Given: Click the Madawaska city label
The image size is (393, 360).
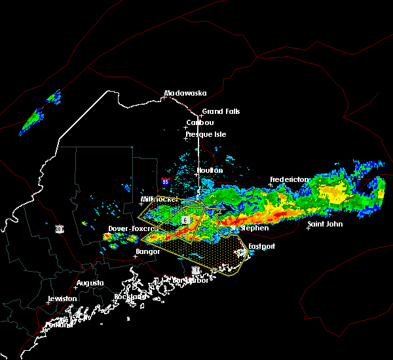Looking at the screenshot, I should click(x=185, y=93).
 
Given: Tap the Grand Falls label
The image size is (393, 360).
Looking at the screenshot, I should click(x=221, y=111).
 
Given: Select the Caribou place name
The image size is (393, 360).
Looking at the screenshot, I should click(x=200, y=122).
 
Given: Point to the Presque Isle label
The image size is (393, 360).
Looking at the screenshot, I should click(x=208, y=134).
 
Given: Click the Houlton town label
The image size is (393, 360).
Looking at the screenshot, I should click(x=210, y=170).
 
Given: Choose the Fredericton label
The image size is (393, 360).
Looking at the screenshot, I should click(x=289, y=179).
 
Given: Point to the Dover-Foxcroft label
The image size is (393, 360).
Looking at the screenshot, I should click(x=130, y=228).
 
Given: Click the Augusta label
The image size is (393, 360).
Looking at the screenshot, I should click(x=90, y=283).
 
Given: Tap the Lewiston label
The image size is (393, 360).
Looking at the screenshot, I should click(x=64, y=298).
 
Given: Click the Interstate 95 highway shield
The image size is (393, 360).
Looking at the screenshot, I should click(x=166, y=181).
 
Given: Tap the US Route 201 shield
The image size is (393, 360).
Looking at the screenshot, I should click(x=59, y=228).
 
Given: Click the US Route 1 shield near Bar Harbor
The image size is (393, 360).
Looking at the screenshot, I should click(x=195, y=270).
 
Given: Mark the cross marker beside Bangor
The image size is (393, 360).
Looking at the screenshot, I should click(x=136, y=256).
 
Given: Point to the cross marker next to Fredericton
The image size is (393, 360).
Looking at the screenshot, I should click(x=271, y=185).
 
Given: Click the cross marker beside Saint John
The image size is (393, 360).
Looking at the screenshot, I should click(x=308, y=228).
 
